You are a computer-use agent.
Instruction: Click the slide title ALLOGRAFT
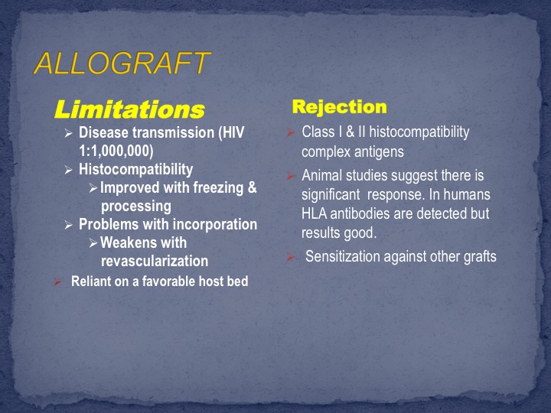click(x=122, y=63)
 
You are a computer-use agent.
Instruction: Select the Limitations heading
click(x=129, y=109)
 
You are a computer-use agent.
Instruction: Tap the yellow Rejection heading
click(x=340, y=107)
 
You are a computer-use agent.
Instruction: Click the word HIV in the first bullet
click(x=233, y=133)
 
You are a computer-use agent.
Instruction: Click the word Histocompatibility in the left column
click(x=136, y=170)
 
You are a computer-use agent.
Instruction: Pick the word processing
click(x=136, y=206)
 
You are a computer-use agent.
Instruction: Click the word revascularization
click(x=155, y=262)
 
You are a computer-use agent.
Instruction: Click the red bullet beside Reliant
click(x=57, y=281)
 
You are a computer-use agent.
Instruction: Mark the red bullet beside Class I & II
click(x=290, y=132)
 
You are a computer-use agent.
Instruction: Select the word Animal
click(x=322, y=175)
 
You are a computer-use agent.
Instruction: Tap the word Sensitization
click(x=343, y=256)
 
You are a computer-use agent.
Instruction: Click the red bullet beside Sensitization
click(x=290, y=257)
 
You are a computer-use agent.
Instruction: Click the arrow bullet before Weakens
click(x=93, y=243)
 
